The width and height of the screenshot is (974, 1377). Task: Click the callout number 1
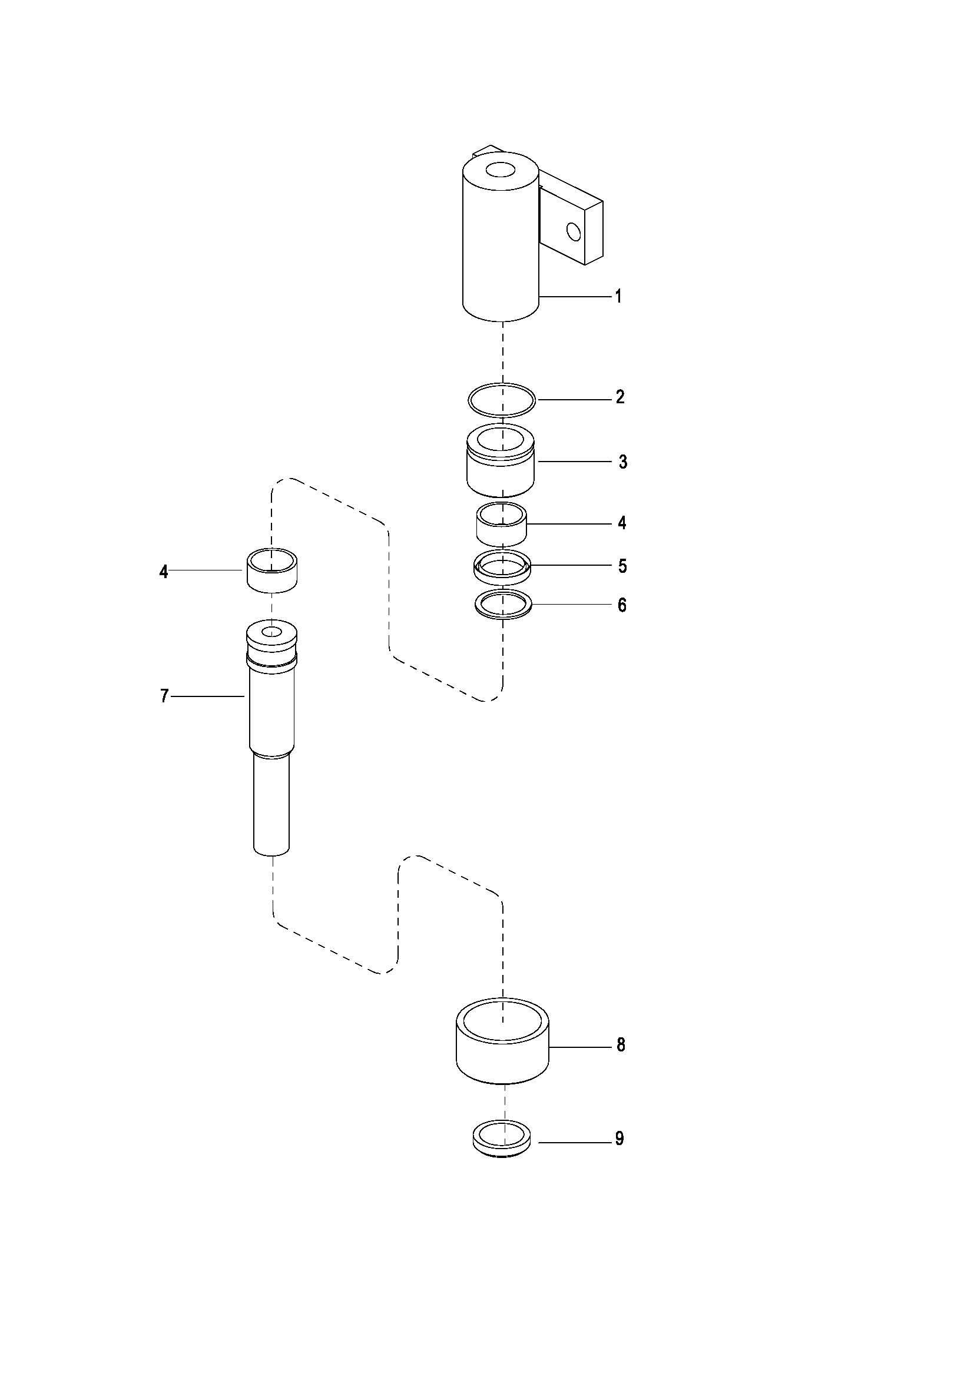[618, 296]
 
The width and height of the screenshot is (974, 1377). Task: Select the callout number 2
[620, 397]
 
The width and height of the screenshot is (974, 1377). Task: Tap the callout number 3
[622, 462]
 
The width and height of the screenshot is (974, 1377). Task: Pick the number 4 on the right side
[622, 523]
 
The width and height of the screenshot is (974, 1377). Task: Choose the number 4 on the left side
[164, 572]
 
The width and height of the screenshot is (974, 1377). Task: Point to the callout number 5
[622, 566]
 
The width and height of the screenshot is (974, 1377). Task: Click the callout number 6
[622, 605]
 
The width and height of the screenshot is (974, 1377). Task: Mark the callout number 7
[164, 696]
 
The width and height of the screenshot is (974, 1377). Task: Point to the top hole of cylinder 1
[500, 170]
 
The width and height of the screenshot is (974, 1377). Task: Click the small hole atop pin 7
[272, 631]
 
